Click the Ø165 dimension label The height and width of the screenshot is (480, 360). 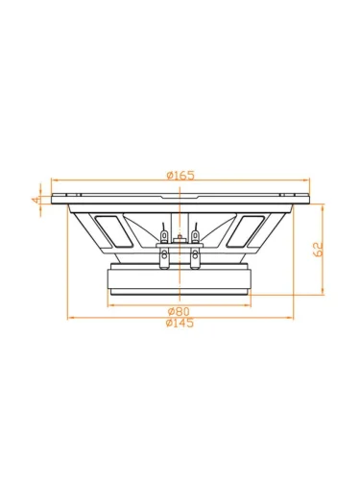(x=180, y=175)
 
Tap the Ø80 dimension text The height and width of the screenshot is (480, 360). (x=179, y=311)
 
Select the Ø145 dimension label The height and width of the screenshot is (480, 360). (x=180, y=323)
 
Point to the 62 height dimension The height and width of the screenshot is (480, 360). (x=318, y=250)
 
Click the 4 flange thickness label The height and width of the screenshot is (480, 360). (x=36, y=200)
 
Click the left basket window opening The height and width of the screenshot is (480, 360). (x=114, y=231)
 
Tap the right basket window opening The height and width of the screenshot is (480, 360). (x=245, y=231)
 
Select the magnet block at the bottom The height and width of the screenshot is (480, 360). (x=180, y=278)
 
